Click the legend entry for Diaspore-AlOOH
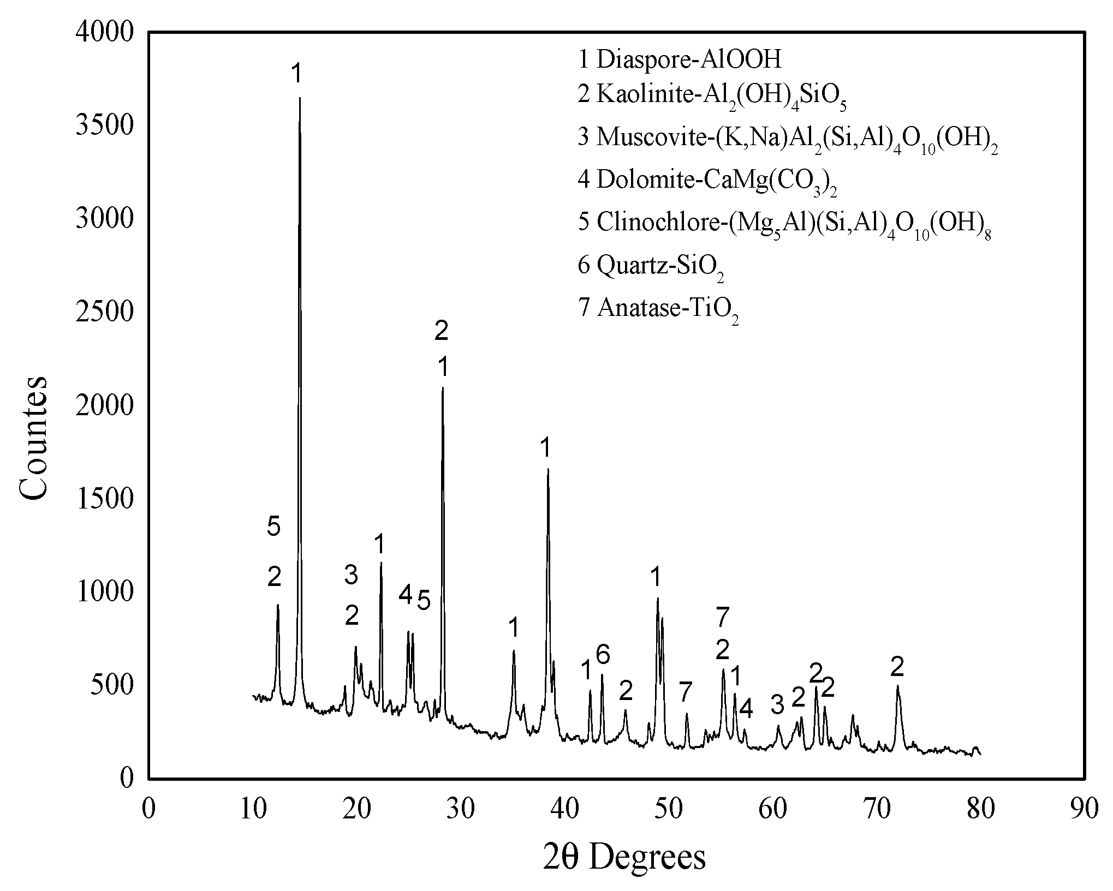point(680,59)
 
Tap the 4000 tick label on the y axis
point(104,33)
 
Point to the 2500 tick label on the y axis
point(104,313)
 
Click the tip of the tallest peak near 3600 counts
point(300,98)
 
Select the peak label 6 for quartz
point(603,655)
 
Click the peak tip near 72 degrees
point(897,686)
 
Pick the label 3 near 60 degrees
point(777,705)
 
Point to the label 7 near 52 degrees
point(686,693)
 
